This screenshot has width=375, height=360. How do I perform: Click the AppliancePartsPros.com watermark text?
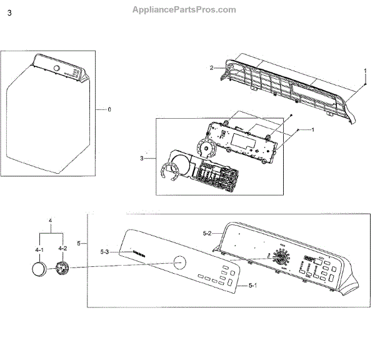(x=184, y=9)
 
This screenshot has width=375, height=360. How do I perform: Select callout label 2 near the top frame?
(x=211, y=67)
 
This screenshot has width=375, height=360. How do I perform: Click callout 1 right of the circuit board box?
(x=312, y=129)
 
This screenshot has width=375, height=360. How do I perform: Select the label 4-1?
(x=39, y=249)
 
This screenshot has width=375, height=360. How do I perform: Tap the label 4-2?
(x=62, y=249)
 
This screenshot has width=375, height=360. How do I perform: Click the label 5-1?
(x=253, y=285)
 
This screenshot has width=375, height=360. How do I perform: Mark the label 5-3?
(x=106, y=252)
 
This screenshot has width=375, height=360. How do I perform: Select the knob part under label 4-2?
(x=62, y=269)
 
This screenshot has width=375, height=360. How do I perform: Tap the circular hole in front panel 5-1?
(x=179, y=262)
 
